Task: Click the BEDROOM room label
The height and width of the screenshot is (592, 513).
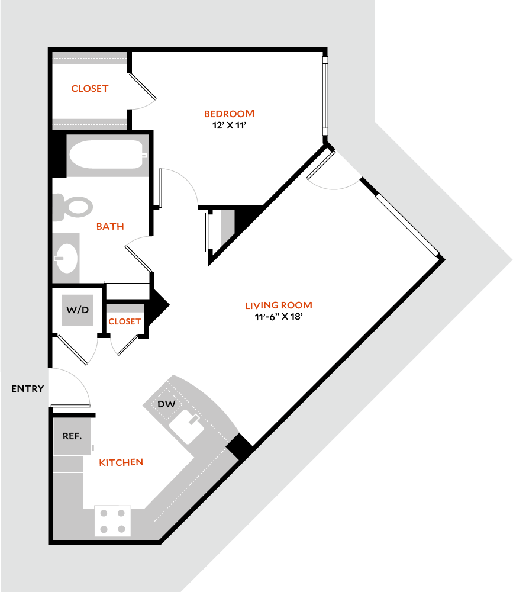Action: coord(229,114)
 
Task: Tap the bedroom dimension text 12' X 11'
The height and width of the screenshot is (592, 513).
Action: coord(229,125)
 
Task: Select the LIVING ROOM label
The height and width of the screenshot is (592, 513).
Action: coord(279,305)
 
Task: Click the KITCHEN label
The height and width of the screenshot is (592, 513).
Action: coord(121,462)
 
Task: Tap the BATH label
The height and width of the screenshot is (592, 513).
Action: coord(109,226)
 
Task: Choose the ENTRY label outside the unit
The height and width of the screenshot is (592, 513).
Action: coord(27,389)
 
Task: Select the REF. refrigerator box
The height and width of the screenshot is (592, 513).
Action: coord(72,436)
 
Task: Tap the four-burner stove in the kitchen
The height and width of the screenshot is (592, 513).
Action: coord(112,521)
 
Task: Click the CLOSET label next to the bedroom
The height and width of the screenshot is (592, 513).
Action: coord(90,89)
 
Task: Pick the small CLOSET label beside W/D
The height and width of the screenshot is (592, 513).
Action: coord(125,321)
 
